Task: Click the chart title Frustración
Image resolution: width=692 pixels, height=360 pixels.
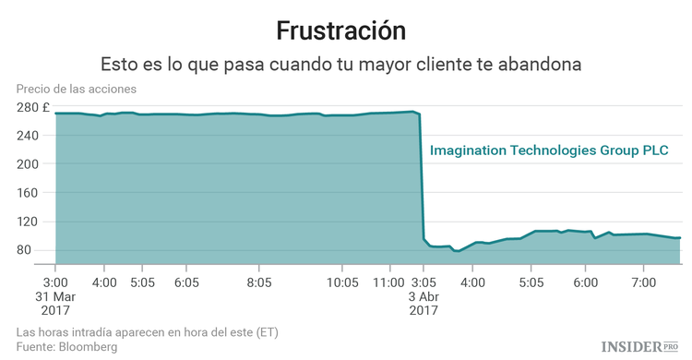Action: click(x=346, y=30)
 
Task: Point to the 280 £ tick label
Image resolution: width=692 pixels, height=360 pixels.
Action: click(x=32, y=107)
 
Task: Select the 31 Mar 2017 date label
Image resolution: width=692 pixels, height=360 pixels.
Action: click(x=55, y=303)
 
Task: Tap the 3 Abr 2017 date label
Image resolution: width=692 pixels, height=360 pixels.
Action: click(x=424, y=303)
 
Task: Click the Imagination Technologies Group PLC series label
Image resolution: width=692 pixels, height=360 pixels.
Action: click(x=549, y=150)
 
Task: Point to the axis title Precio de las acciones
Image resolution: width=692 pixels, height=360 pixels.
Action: click(x=76, y=89)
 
